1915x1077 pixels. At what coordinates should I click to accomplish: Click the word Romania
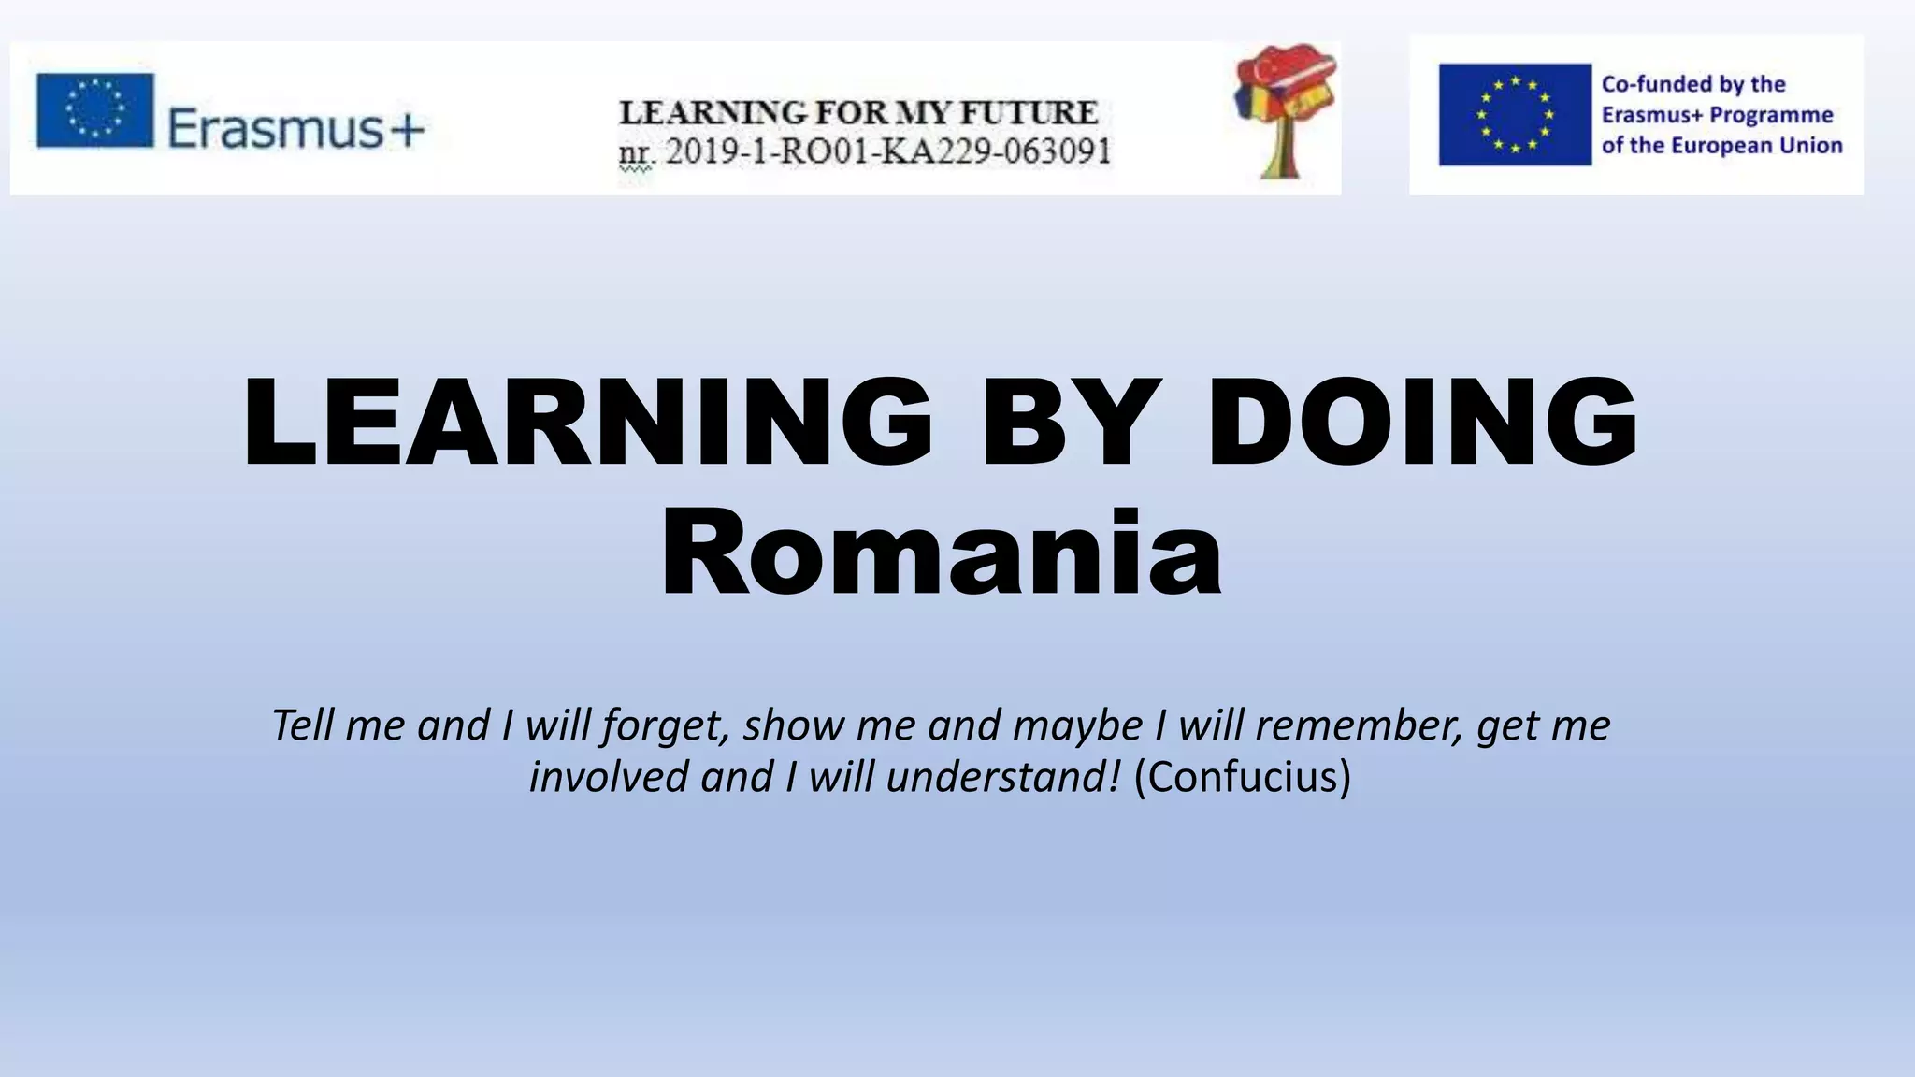click(941, 554)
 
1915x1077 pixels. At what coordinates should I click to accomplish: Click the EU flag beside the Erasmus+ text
click(94, 110)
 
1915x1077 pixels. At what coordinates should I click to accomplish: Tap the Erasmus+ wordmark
click(295, 128)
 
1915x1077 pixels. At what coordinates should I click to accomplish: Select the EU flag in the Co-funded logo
click(1514, 114)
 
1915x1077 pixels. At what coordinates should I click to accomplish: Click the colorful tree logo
click(1285, 110)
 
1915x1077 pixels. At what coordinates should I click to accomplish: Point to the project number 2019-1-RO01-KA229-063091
click(888, 151)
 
